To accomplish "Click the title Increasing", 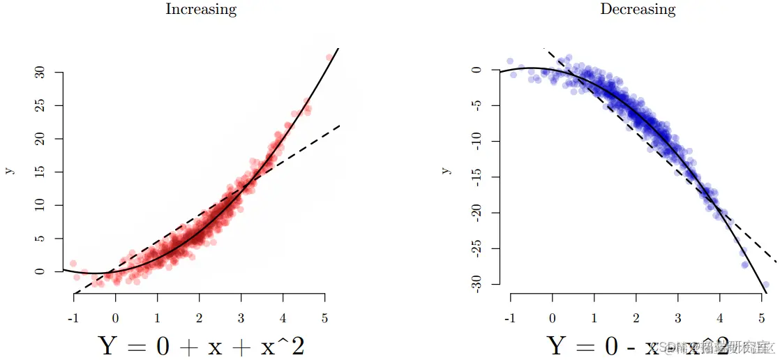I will coord(200,10).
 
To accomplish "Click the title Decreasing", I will coord(638,10).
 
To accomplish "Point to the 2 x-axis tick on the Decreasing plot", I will coord(636,319).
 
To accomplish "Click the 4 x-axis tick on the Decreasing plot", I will coord(719,319).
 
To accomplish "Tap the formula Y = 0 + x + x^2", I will coord(201,345).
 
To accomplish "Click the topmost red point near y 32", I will coord(329,58).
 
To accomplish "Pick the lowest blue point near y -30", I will coord(765,285).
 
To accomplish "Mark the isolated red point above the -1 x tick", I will coord(73,263).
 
